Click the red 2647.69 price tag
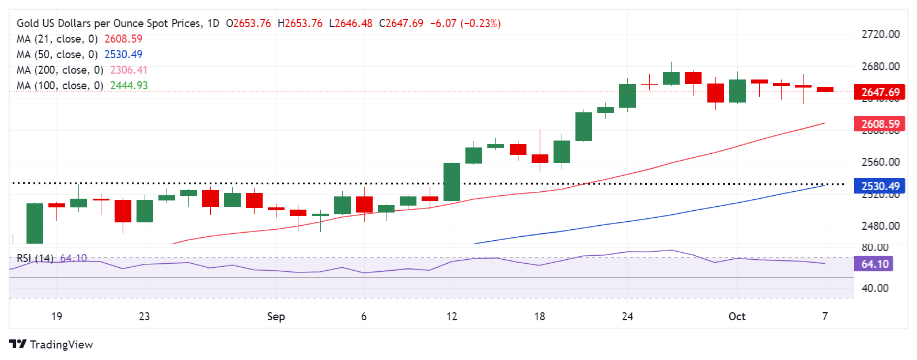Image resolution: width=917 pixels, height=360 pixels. point(880,92)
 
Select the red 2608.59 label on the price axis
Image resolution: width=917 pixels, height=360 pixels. point(880,124)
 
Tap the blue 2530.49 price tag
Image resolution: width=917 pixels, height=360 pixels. point(880,186)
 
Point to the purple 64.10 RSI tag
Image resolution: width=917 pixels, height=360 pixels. point(875,264)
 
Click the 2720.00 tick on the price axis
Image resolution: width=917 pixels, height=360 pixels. point(880,35)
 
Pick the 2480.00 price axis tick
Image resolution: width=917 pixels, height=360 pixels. point(880,226)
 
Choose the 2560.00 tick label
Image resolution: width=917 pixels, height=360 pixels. point(880,162)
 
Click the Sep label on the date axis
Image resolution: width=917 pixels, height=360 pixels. point(276,316)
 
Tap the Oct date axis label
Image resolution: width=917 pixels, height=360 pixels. point(737,316)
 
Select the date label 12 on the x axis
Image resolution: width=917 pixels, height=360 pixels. point(452,316)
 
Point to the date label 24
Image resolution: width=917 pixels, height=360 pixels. point(627,316)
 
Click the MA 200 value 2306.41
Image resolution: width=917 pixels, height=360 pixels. point(128,70)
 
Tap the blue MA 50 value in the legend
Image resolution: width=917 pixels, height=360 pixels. point(123,54)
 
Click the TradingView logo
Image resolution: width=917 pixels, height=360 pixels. point(51,344)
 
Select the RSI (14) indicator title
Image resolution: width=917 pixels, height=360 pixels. point(35,258)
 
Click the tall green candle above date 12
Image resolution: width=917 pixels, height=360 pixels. point(452,182)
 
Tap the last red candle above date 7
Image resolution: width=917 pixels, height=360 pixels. point(825,89)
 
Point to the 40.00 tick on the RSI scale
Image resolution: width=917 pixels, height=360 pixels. point(875,288)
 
